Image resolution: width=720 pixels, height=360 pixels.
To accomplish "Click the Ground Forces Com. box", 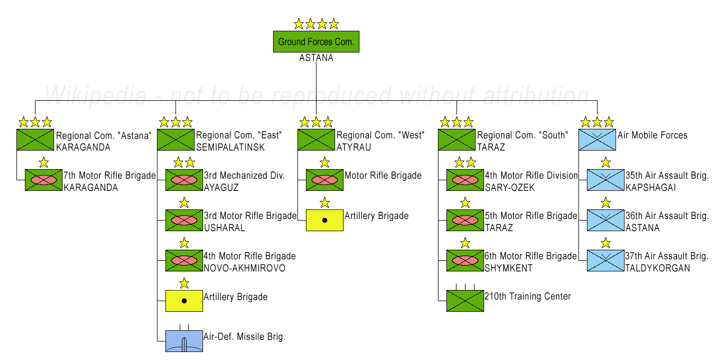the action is [x=316, y=41].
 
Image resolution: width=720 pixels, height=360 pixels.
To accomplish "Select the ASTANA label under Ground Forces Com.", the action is [x=316, y=58].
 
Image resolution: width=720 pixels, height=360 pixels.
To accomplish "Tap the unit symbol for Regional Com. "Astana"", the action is [x=35, y=140].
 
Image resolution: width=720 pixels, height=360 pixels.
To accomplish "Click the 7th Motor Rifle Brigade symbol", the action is [x=43, y=180].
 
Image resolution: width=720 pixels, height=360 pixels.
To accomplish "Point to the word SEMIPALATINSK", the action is [x=231, y=147].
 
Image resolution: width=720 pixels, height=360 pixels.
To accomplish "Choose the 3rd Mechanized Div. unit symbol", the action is [x=184, y=180].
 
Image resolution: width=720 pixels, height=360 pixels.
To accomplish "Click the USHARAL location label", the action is [x=224, y=228].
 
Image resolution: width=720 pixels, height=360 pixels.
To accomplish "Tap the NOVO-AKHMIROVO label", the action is [x=244, y=268].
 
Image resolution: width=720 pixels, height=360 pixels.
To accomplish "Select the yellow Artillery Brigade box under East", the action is [x=184, y=301].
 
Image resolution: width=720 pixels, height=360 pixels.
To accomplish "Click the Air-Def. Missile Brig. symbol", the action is [x=184, y=341].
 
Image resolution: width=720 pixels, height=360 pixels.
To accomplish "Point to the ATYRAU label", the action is [x=354, y=147].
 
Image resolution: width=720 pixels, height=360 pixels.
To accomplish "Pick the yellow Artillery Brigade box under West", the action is [x=324, y=220].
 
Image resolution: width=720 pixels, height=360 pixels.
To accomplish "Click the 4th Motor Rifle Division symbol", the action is [x=465, y=180].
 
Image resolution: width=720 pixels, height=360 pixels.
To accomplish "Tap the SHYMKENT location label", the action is [x=508, y=268].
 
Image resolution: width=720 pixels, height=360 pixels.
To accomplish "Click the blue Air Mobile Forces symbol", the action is [x=597, y=140].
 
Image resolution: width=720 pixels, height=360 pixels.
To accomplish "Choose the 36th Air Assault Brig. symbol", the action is [x=605, y=220].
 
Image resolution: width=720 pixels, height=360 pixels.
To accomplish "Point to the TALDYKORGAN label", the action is [x=657, y=268].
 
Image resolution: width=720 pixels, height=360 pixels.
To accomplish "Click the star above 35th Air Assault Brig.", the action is [x=605, y=162].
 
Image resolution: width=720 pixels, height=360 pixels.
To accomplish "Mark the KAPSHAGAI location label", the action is [x=651, y=187].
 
